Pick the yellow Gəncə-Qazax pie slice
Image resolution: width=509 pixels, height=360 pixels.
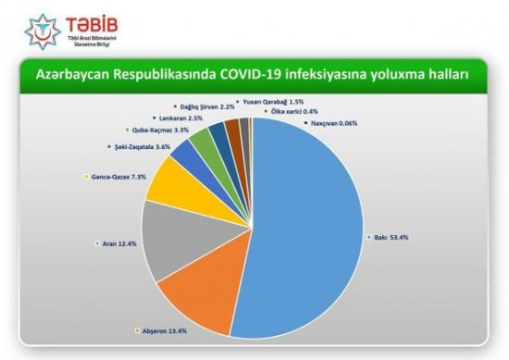[167, 185]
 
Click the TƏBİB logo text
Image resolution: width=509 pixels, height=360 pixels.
[74, 20]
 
